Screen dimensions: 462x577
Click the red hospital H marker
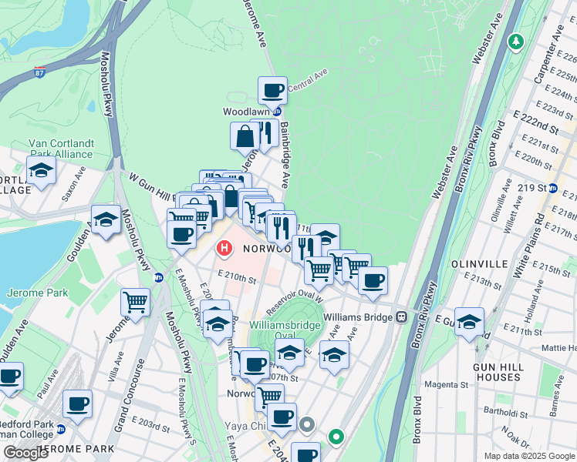[x=224, y=249]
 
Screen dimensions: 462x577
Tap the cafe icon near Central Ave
[x=272, y=91]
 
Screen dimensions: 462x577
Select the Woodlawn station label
[x=245, y=112]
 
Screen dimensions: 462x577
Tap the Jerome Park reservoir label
[x=37, y=293]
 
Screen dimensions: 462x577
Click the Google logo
[x=25, y=453]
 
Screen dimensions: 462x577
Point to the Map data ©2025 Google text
[x=528, y=456]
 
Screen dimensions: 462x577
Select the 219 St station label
[x=531, y=187]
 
